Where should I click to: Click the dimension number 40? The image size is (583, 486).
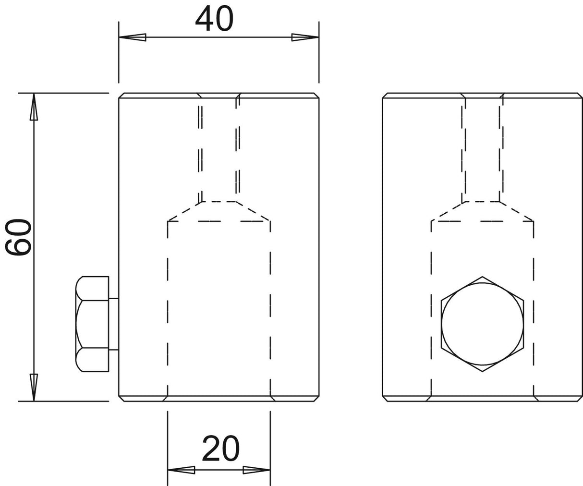click(214, 19)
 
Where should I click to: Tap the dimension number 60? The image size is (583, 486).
click(18, 237)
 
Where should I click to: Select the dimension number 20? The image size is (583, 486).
click(220, 448)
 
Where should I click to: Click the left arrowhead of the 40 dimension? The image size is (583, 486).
click(133, 37)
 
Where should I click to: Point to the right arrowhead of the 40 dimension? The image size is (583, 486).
click(305, 37)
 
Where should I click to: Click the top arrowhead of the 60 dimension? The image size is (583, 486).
click(34, 107)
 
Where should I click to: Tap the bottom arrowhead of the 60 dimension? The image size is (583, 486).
click(34, 388)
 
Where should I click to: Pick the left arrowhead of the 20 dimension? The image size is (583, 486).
click(181, 470)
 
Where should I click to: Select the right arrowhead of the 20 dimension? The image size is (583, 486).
click(256, 470)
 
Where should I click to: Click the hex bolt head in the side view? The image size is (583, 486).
click(92, 324)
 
